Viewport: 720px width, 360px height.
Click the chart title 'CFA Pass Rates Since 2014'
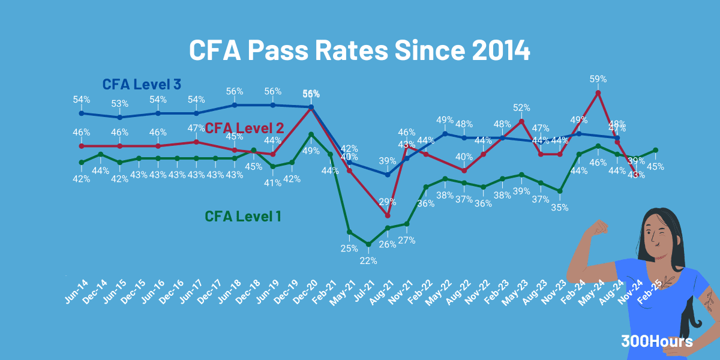pyautogui.click(x=359, y=50)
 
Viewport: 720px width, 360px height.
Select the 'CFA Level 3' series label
pyautogui.click(x=142, y=84)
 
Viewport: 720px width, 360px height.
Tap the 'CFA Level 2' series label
pyautogui.click(x=245, y=128)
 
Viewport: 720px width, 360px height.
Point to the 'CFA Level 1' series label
pyautogui.click(x=243, y=216)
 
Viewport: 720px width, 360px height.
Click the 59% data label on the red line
pyautogui.click(x=598, y=79)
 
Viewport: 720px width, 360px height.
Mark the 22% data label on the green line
pyautogui.click(x=368, y=260)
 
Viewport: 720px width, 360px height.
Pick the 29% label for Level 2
pyautogui.click(x=388, y=202)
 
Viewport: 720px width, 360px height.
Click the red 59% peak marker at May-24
pyautogui.click(x=598, y=92)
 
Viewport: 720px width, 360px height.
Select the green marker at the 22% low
pyautogui.click(x=368, y=244)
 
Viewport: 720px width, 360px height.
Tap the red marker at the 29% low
pyautogui.click(x=388, y=215)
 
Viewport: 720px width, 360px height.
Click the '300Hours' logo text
pyautogui.click(x=657, y=341)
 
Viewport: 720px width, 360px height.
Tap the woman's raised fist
pyautogui.click(x=598, y=228)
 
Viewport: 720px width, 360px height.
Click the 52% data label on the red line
pyautogui.click(x=521, y=107)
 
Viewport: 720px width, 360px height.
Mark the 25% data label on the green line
pyautogui.click(x=349, y=248)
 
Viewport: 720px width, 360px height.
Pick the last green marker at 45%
pyautogui.click(x=656, y=150)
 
